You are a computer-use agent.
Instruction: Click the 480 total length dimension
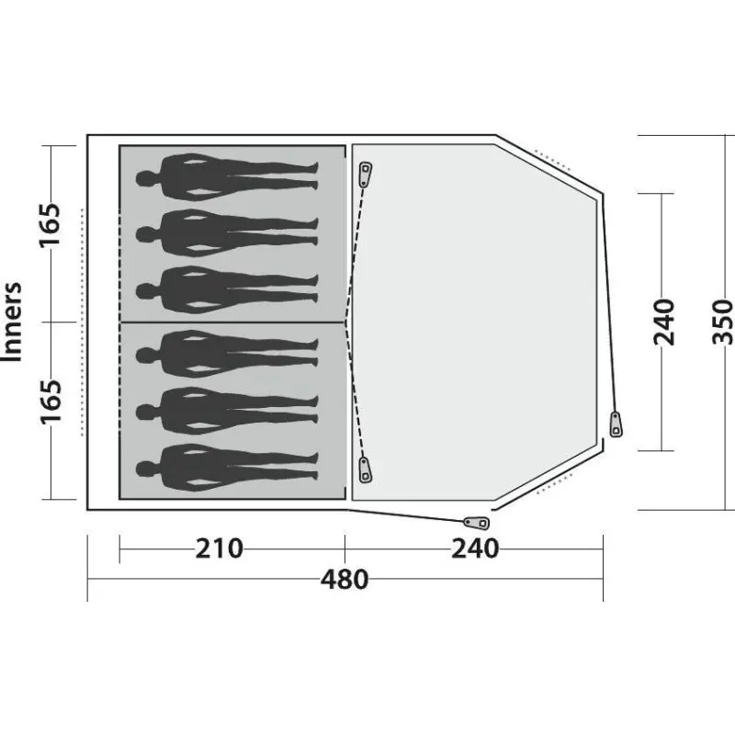point(345,580)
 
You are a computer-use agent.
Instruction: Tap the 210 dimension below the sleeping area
point(219,548)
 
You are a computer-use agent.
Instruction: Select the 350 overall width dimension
point(722,322)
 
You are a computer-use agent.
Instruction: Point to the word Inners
point(12,322)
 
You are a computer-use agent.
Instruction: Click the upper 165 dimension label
point(50,224)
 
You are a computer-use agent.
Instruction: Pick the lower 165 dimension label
point(50,401)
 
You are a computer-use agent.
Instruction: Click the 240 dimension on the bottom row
point(475,548)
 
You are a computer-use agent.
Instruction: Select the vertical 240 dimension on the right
point(663,322)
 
